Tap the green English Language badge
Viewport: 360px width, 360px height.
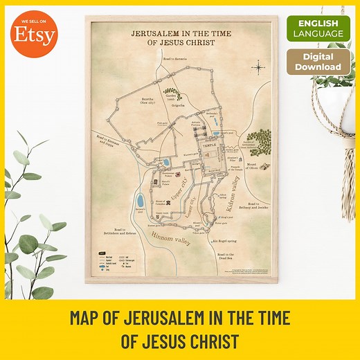(x=317, y=28)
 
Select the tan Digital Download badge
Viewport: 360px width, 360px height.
(x=317, y=62)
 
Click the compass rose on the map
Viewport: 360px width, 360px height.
(x=258, y=68)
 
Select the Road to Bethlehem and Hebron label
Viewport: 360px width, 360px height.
(x=115, y=233)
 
